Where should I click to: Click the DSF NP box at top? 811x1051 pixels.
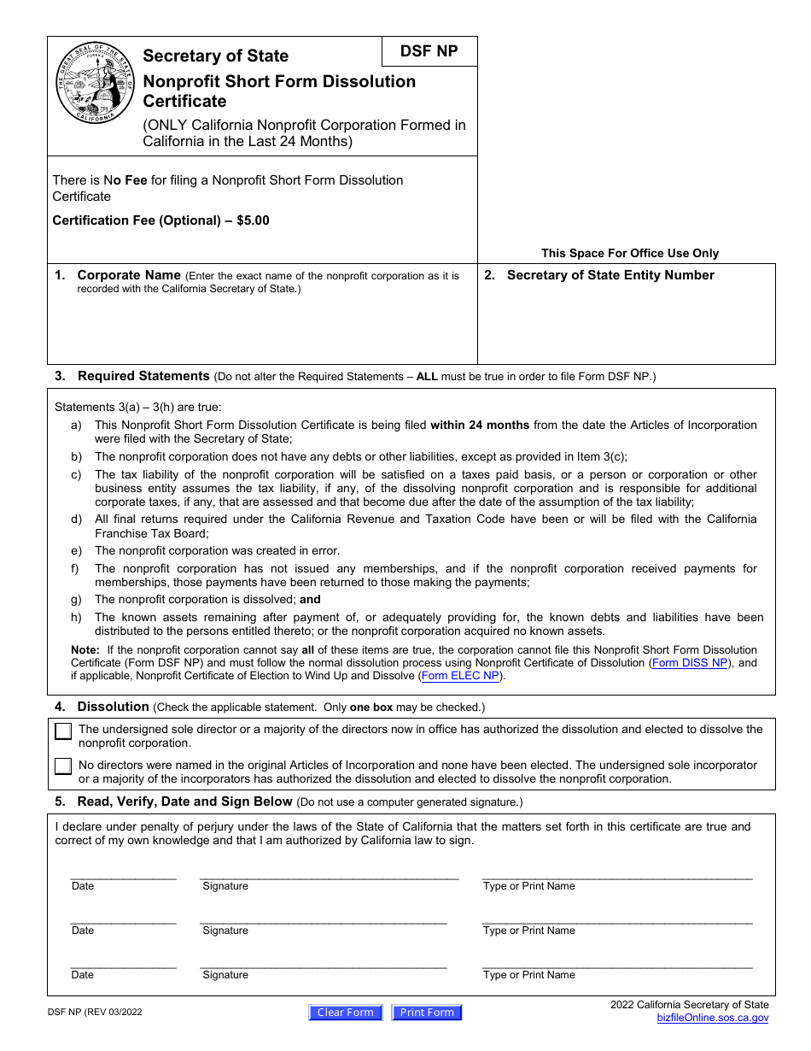click(x=429, y=51)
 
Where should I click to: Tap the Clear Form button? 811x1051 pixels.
click(x=346, y=1013)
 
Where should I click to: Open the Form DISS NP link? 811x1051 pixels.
click(x=690, y=662)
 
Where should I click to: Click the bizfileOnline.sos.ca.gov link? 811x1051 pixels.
click(x=712, y=1018)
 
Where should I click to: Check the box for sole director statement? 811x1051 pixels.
click(x=63, y=731)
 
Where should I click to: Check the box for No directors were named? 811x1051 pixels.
click(x=63, y=766)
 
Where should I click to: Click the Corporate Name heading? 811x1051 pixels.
click(x=128, y=275)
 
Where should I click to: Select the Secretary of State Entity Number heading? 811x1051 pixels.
click(x=610, y=275)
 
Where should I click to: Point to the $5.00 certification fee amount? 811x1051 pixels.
click(x=253, y=220)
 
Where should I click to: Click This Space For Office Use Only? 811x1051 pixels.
click(x=630, y=253)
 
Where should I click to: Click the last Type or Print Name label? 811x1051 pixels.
click(x=528, y=975)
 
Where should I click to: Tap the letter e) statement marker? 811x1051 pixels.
click(x=76, y=551)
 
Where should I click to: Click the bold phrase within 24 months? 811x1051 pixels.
click(x=480, y=425)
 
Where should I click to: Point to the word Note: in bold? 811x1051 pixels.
click(x=85, y=649)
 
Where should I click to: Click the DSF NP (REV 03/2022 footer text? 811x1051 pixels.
click(x=95, y=1013)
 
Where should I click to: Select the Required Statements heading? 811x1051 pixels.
click(x=143, y=376)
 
